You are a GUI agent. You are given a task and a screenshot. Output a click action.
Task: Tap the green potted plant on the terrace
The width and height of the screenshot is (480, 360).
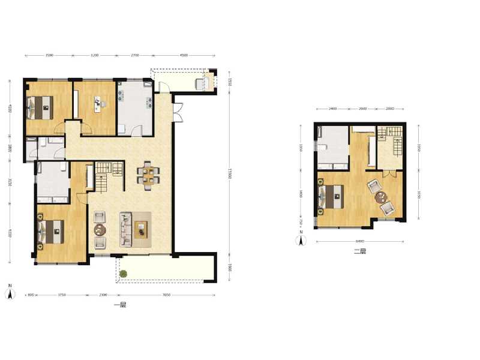[124, 274]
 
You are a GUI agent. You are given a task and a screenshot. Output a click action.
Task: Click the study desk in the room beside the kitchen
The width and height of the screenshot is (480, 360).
[97, 104]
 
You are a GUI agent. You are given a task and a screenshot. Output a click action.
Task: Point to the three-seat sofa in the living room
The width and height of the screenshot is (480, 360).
[126, 229]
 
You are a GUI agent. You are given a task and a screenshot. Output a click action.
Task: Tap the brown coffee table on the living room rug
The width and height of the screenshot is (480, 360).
[142, 228]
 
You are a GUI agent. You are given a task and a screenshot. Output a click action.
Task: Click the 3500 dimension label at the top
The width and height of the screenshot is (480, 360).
[49, 55]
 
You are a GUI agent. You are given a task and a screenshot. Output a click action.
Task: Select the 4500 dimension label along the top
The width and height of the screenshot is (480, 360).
[184, 55]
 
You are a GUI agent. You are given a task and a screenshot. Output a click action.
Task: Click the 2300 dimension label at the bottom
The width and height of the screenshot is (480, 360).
[103, 295]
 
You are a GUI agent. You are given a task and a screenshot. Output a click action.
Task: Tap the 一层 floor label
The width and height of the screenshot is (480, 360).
[120, 305]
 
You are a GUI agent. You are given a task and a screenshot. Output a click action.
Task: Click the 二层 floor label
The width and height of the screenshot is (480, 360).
[360, 251]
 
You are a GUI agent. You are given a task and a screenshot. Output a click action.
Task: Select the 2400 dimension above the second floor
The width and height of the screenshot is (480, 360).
[332, 109]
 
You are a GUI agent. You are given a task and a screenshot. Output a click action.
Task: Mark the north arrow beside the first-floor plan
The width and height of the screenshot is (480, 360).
[10, 293]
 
